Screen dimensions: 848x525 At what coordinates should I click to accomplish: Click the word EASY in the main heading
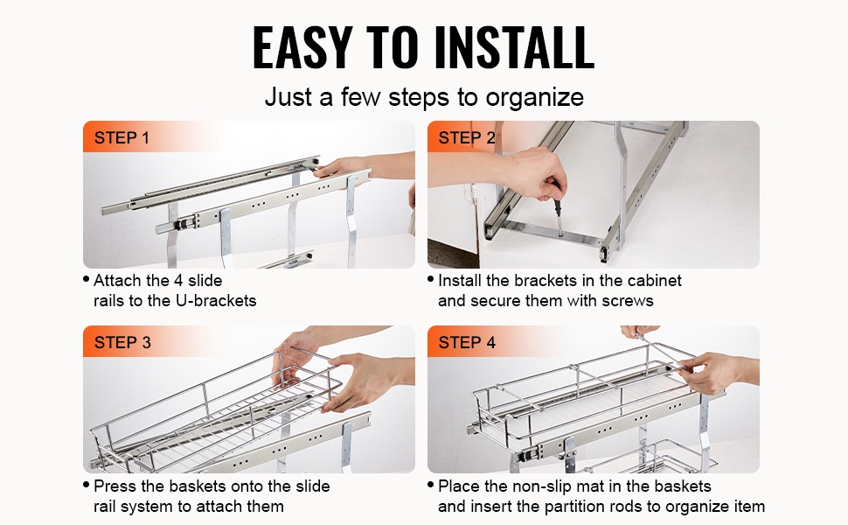tap(302, 47)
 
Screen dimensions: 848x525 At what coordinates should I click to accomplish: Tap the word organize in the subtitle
tap(534, 98)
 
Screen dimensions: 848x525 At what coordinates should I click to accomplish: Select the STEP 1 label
tap(122, 138)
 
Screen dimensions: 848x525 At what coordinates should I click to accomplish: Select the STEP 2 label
tap(466, 138)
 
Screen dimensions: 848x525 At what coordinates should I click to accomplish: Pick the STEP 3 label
tap(122, 343)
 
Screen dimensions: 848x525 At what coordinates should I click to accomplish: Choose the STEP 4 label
tap(467, 343)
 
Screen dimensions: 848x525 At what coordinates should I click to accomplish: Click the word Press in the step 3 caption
tap(113, 486)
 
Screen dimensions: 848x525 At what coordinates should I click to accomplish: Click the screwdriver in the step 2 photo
tap(557, 210)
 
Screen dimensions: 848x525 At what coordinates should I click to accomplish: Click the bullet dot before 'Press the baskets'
tap(86, 485)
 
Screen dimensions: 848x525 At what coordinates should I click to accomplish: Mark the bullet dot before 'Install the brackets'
tap(430, 280)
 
